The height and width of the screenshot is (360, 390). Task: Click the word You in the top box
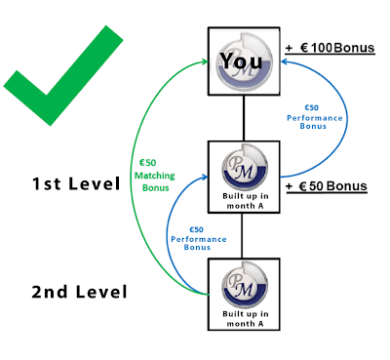click(x=241, y=60)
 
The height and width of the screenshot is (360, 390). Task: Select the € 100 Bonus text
click(x=337, y=48)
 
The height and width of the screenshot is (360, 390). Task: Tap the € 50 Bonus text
click(x=333, y=186)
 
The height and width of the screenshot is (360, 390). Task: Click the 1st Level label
click(x=76, y=183)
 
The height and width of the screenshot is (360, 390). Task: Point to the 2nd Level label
click(x=79, y=292)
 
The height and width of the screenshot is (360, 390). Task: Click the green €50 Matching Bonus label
click(x=155, y=176)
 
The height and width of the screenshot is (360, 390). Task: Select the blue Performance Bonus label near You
click(x=314, y=117)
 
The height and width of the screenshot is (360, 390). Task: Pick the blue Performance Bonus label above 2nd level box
click(x=199, y=239)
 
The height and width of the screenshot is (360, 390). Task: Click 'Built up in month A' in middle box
click(x=246, y=201)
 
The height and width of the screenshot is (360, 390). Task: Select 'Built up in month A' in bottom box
click(x=246, y=319)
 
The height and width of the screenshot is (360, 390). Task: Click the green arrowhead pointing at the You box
click(x=205, y=61)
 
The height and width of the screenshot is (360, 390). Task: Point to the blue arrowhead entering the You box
click(x=284, y=61)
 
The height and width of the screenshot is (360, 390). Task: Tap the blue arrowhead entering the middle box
click(x=205, y=177)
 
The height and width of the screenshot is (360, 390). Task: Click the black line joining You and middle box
click(x=244, y=118)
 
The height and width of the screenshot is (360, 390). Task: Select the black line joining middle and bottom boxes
click(x=242, y=236)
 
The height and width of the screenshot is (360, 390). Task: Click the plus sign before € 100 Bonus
click(x=289, y=49)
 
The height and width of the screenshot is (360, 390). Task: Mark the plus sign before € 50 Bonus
click(x=289, y=187)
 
